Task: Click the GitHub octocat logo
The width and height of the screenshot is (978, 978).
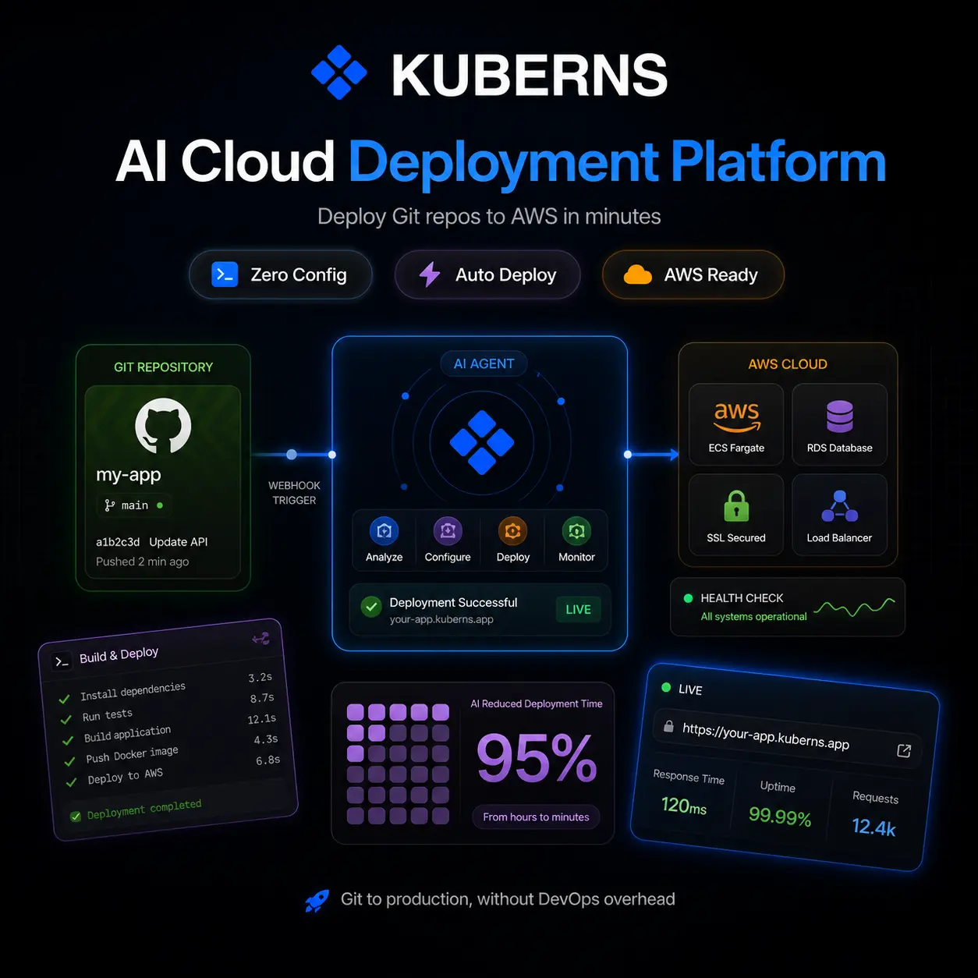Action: click(x=163, y=425)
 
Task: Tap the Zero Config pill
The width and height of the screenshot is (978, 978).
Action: click(x=281, y=275)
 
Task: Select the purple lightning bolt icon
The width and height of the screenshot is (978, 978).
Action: click(x=430, y=275)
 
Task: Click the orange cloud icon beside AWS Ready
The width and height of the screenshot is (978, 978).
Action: click(x=637, y=275)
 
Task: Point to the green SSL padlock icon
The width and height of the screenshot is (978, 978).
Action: click(x=736, y=506)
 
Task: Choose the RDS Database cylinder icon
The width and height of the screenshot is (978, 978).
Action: click(x=839, y=416)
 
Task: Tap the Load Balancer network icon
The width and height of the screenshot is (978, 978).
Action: click(x=839, y=506)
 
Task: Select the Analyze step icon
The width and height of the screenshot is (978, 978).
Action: click(x=384, y=531)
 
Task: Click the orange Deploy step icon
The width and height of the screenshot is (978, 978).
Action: click(x=512, y=531)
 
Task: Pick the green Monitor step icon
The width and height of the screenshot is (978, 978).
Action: click(x=576, y=531)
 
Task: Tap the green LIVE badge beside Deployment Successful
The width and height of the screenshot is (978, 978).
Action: click(x=578, y=609)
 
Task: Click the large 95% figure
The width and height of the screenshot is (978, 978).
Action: click(x=537, y=758)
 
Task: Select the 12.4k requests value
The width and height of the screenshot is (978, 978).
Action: click(x=873, y=827)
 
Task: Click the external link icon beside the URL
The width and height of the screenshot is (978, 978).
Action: click(x=904, y=750)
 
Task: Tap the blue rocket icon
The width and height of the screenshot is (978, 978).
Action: click(x=317, y=901)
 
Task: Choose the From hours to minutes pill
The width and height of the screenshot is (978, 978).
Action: click(x=536, y=817)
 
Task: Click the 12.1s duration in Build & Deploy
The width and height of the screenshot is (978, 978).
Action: click(x=261, y=719)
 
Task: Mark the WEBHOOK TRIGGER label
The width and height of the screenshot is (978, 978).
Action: click(x=294, y=493)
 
